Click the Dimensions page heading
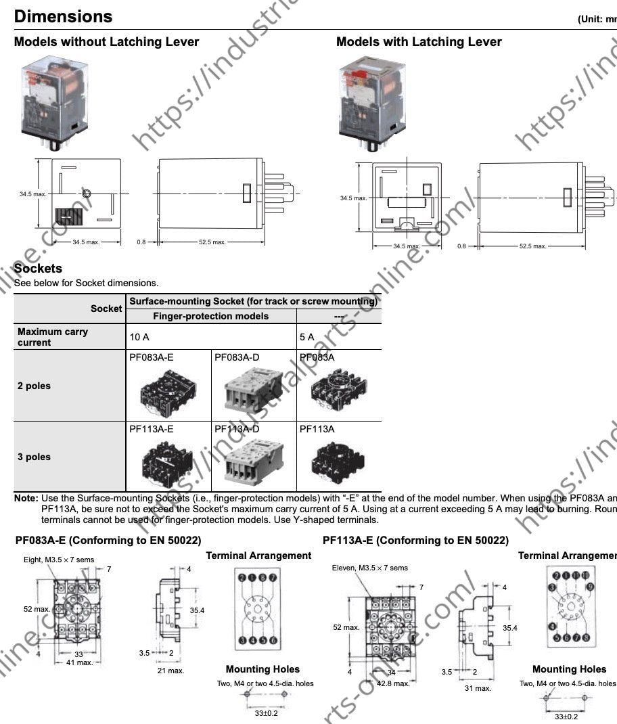point(63,16)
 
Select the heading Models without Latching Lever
point(106,42)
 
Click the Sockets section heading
point(38,269)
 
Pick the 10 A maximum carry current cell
point(140,336)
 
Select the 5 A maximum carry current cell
point(306,336)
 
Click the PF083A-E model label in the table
point(151,357)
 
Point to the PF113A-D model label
point(237,429)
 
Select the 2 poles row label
point(34,386)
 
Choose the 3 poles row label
point(34,457)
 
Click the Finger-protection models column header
point(210,316)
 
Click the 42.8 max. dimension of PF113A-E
point(393,683)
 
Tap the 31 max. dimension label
point(477,688)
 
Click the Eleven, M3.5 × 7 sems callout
point(369,568)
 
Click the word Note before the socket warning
point(26,498)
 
